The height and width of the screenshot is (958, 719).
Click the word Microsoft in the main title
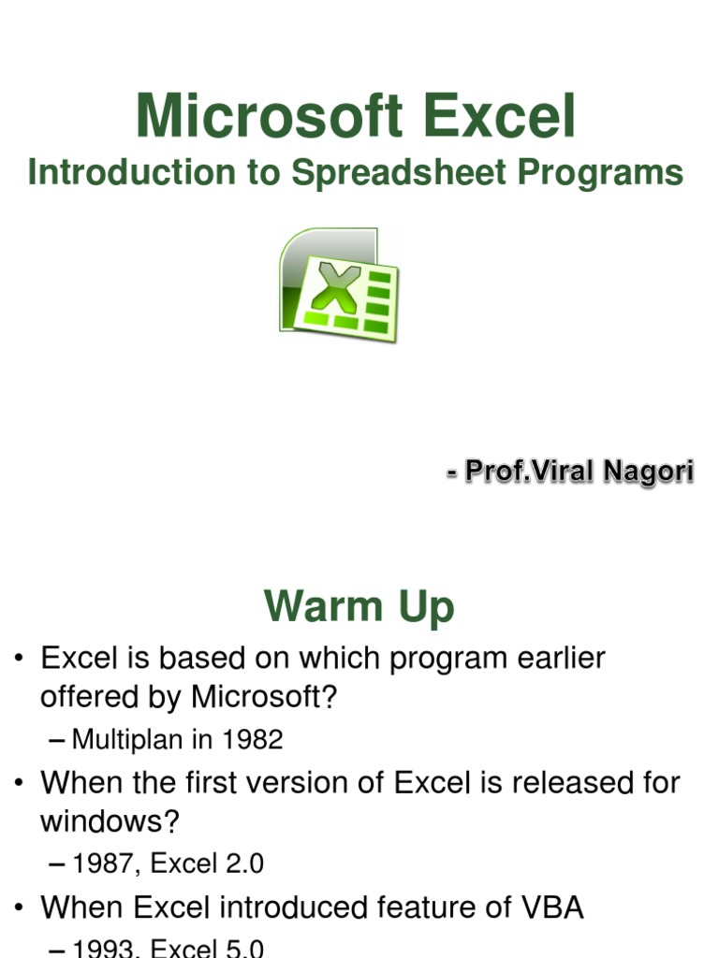coord(270,118)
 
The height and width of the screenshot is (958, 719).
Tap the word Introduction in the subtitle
coord(131,173)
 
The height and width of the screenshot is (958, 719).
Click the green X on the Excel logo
coord(334,287)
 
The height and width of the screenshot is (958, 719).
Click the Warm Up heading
coord(359,606)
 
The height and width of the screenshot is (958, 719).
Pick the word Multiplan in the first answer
coord(126,740)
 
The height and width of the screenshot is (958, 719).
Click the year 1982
coord(251,740)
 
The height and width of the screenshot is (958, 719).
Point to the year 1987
coord(102,864)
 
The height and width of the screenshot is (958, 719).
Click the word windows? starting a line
coord(109,822)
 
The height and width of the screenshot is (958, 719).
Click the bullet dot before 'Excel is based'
coord(18,660)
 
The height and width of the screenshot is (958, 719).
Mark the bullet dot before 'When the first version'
coord(18,783)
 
